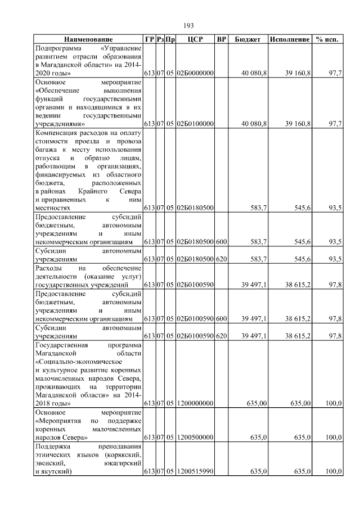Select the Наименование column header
pos(88,39)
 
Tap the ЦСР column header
pos(195,39)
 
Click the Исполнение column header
pos(290,39)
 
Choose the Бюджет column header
pos(247,39)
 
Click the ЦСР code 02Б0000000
pos(195,74)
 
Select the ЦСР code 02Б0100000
pos(195,123)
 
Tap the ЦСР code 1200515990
pos(195,471)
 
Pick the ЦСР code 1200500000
pos(195,437)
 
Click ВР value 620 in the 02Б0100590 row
pos(221,336)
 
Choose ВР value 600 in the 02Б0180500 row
pos(221,241)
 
